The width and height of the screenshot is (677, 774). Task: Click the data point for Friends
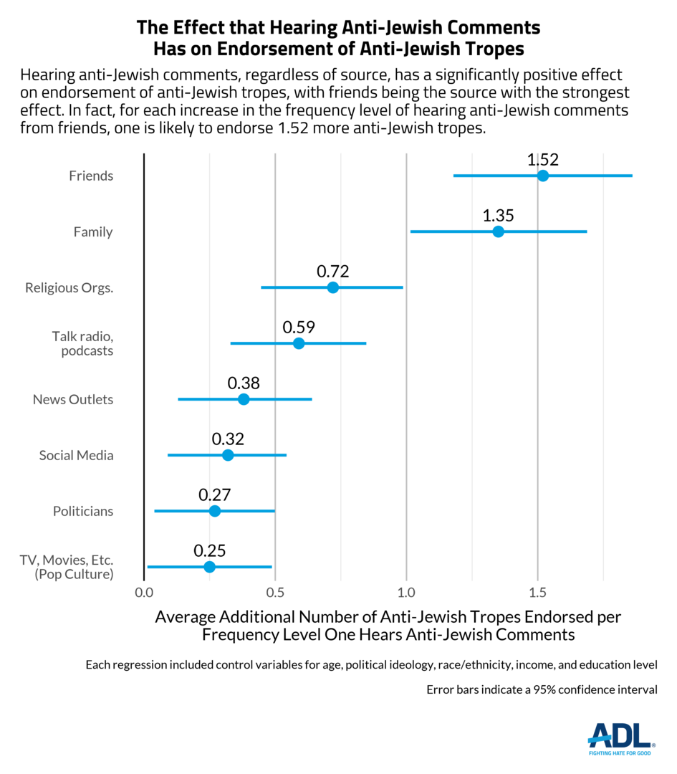(543, 176)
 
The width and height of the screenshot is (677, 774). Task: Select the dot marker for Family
(499, 231)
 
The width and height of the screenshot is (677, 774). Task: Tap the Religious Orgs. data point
(333, 287)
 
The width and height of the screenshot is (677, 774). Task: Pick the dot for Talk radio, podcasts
(299, 343)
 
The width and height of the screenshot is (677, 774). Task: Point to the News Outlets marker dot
(244, 399)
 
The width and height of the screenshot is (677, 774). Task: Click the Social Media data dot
(228, 455)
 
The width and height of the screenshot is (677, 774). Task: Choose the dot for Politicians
(216, 511)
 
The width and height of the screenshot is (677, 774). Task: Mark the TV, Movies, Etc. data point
(209, 567)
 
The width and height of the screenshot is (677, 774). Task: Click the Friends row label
(91, 176)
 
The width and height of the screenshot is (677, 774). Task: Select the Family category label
(93, 232)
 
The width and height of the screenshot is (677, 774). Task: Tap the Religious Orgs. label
(69, 288)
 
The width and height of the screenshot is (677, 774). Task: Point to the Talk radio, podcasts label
(83, 343)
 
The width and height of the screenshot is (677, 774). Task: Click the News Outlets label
(73, 400)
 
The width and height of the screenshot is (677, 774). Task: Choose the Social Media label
(76, 456)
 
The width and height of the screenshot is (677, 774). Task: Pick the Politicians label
(83, 512)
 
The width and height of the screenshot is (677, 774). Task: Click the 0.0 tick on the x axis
(144, 593)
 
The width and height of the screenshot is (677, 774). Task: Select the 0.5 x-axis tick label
(275, 593)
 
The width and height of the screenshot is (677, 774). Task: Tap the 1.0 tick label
(406, 593)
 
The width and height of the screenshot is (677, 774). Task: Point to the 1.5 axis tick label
(537, 593)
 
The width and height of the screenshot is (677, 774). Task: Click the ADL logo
(620, 738)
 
